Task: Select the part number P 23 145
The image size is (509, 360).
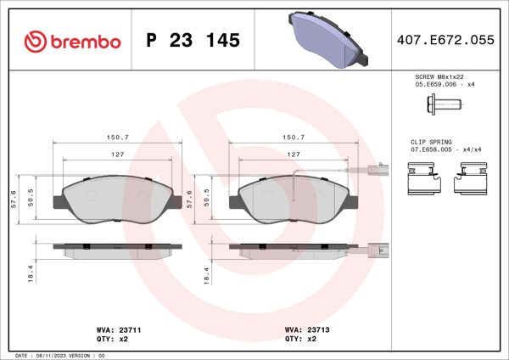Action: pos(193,41)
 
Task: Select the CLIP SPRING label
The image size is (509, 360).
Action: pos(431,142)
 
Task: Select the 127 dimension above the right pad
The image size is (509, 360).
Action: pos(293,155)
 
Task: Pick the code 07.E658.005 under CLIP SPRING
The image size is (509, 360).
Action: pos(431,149)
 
